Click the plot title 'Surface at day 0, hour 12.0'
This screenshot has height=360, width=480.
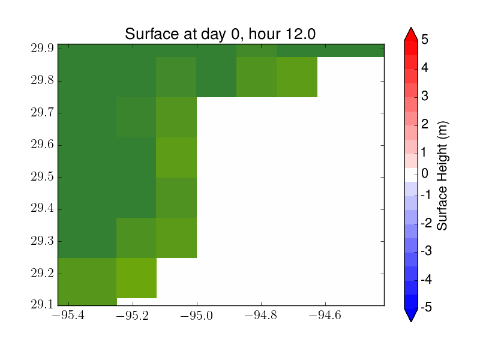pos(220,34)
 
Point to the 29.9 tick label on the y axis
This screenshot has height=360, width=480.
pos(42,49)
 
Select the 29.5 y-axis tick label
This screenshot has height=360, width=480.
pos(42,177)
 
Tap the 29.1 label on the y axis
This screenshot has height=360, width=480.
pos(42,304)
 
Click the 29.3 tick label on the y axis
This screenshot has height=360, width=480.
pos(42,241)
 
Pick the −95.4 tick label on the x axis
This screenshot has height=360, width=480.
pos(68,315)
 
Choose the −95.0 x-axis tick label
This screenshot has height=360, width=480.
pos(197,315)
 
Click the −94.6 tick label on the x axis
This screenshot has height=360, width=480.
pos(325,315)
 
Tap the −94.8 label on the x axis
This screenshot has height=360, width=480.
pos(261,315)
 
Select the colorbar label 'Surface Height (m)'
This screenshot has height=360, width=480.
pos(442,176)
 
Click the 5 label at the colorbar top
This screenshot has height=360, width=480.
pos(425,40)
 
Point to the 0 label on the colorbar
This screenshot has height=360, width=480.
pos(425,173)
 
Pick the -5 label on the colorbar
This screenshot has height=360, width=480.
pos(426,307)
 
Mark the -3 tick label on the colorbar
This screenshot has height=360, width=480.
pos(426,251)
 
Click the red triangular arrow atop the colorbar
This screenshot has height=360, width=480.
pos(411,34)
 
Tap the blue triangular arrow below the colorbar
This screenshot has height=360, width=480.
pos(411,314)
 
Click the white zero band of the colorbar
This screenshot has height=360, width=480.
pos(411,175)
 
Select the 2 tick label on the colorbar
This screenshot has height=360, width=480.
pos(425,124)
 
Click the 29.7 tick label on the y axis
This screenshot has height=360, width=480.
pos(42,113)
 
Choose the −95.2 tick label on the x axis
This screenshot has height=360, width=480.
pos(133,315)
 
